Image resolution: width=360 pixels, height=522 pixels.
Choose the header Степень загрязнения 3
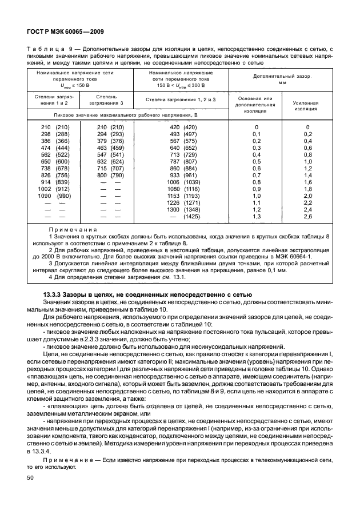tap(106, 99)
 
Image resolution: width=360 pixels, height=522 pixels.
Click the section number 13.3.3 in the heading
tap(55, 295)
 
